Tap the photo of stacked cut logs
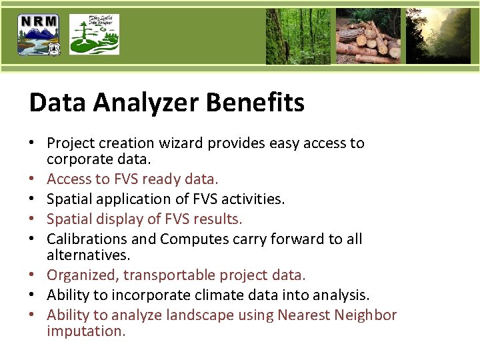pyautogui.click(x=368, y=36)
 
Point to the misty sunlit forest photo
pyautogui.click(x=438, y=36)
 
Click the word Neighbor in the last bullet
pyautogui.click(x=366, y=315)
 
